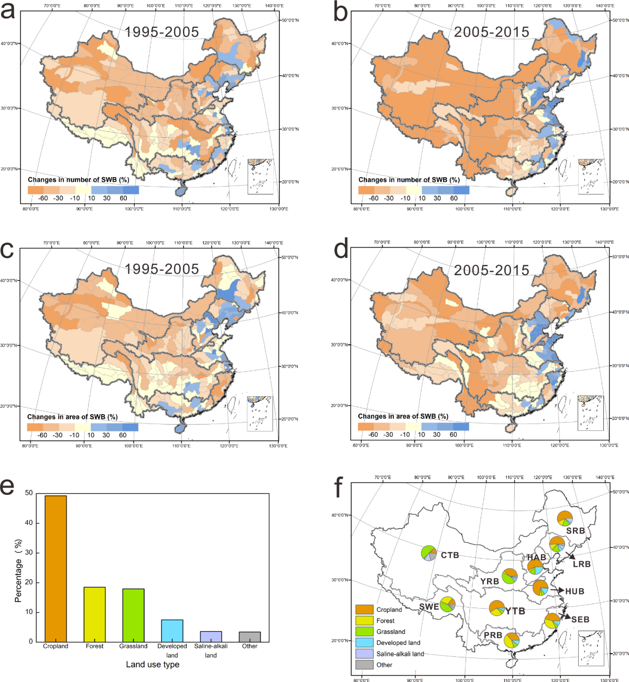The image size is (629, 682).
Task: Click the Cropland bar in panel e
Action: [56, 569]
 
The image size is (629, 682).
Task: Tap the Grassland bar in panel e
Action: [133, 615]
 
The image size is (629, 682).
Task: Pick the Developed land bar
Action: [172, 631]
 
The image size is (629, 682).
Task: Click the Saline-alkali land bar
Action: [211, 636]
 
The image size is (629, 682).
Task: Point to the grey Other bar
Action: [250, 637]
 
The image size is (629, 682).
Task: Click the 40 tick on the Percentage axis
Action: [29, 523]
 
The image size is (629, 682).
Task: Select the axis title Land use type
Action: [153, 664]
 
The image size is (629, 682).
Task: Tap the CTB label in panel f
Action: [450, 555]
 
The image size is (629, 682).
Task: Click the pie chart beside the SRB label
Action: [565, 518]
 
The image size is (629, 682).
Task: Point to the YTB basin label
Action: [515, 611]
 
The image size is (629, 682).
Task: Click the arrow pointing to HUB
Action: [557, 591]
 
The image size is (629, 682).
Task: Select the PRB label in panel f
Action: [493, 635]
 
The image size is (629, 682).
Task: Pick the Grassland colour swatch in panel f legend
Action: [364, 632]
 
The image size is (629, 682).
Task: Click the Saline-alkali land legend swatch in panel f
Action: [364, 654]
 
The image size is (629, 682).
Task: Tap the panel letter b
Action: [341, 13]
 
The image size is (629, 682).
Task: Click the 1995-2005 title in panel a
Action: [162, 32]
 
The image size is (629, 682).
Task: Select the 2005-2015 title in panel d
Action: [492, 270]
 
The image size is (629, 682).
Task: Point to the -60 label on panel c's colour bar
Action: [42, 435]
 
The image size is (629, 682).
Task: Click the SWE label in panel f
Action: [429, 607]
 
